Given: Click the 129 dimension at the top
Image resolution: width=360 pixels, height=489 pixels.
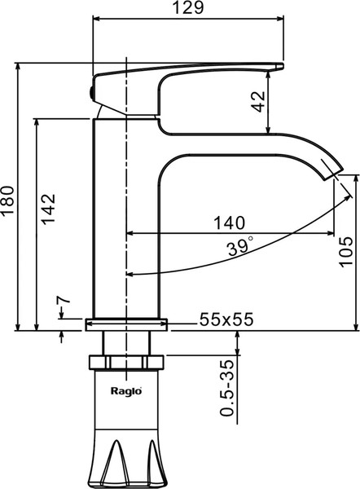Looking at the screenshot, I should click(x=188, y=9).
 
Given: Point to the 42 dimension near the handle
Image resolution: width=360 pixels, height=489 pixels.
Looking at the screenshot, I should click(x=257, y=102).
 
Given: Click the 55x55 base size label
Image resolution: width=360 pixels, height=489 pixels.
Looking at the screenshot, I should click(x=226, y=320).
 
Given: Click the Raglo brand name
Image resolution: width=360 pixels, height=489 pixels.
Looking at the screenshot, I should click(x=126, y=390).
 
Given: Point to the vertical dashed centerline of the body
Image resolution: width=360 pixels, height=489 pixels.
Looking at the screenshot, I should click(x=127, y=204).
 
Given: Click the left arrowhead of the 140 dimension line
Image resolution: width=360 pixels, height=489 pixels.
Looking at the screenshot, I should click(x=131, y=234).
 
